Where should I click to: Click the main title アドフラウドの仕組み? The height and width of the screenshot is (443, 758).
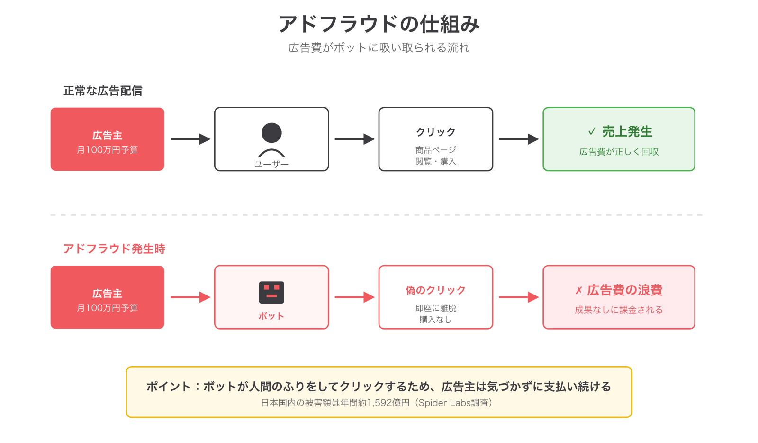(379, 24)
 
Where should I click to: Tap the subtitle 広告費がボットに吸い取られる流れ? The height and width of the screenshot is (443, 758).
(379, 48)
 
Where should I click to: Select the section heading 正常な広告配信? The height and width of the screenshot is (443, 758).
(103, 91)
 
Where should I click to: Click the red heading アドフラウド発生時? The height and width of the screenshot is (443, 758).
(114, 249)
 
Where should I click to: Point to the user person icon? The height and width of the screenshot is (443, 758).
(271, 139)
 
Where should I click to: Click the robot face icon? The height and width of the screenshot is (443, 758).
(271, 292)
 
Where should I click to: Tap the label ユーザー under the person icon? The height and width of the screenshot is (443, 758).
(271, 164)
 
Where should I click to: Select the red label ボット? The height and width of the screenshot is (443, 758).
(271, 316)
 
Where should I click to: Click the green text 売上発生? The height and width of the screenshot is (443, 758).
(627, 131)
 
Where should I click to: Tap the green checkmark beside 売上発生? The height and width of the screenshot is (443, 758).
(592, 131)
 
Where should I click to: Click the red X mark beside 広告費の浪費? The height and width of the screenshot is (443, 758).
(578, 290)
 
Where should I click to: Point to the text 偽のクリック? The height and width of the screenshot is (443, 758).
(435, 290)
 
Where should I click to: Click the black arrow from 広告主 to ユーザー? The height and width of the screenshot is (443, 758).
(190, 139)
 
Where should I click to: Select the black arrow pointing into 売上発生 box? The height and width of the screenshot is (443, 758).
(518, 139)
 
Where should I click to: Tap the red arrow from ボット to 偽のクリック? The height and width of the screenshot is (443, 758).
(354, 297)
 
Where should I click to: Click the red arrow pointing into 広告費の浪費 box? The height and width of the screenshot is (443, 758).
(518, 297)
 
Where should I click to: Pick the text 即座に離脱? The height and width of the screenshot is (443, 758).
(435, 308)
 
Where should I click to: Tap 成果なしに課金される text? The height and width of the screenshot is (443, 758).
(619, 310)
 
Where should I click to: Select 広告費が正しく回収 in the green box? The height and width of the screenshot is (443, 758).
(619, 152)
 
